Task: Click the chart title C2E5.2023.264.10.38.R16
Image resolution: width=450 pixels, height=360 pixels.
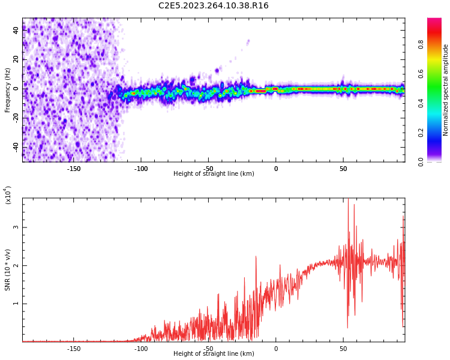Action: [x=214, y=5]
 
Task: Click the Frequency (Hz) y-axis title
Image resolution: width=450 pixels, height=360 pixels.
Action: [x=8, y=90]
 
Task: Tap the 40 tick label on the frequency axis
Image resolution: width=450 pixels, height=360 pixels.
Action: [x=16, y=30]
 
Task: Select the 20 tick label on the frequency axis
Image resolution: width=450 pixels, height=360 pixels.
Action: [x=16, y=59]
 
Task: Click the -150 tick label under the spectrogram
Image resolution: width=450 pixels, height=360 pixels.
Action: [x=73, y=169]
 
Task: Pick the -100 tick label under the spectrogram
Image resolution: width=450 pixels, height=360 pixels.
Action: [x=141, y=169]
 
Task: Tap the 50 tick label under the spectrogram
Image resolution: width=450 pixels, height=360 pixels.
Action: [x=343, y=169]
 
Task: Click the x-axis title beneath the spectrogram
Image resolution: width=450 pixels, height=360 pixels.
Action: [x=214, y=174]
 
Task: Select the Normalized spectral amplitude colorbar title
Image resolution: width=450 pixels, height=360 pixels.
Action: [x=446, y=90]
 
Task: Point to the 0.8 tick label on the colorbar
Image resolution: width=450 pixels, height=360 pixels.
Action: [x=421, y=44]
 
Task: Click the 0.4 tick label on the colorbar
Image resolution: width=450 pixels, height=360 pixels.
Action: [x=421, y=103]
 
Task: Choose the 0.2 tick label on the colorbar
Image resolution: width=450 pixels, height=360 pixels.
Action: [x=421, y=132]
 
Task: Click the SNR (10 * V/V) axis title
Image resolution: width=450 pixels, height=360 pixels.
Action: [x=8, y=270]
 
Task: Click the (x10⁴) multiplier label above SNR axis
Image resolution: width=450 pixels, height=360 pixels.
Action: [x=8, y=195]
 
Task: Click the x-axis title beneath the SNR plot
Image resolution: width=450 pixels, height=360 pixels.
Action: [x=214, y=354]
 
